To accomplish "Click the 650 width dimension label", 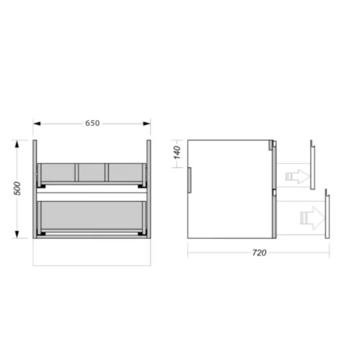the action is point(92,123).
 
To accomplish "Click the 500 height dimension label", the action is point(17,189).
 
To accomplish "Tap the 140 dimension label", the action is point(177,153).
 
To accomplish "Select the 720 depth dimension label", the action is point(259,253).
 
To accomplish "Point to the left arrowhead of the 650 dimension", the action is point(37,124).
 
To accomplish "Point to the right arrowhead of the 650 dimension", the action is point(147,124).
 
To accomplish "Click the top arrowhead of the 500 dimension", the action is point(17,144).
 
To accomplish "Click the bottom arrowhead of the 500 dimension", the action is point(17,234).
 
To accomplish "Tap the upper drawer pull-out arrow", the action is point(297,176).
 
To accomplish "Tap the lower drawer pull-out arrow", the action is point(312,218).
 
